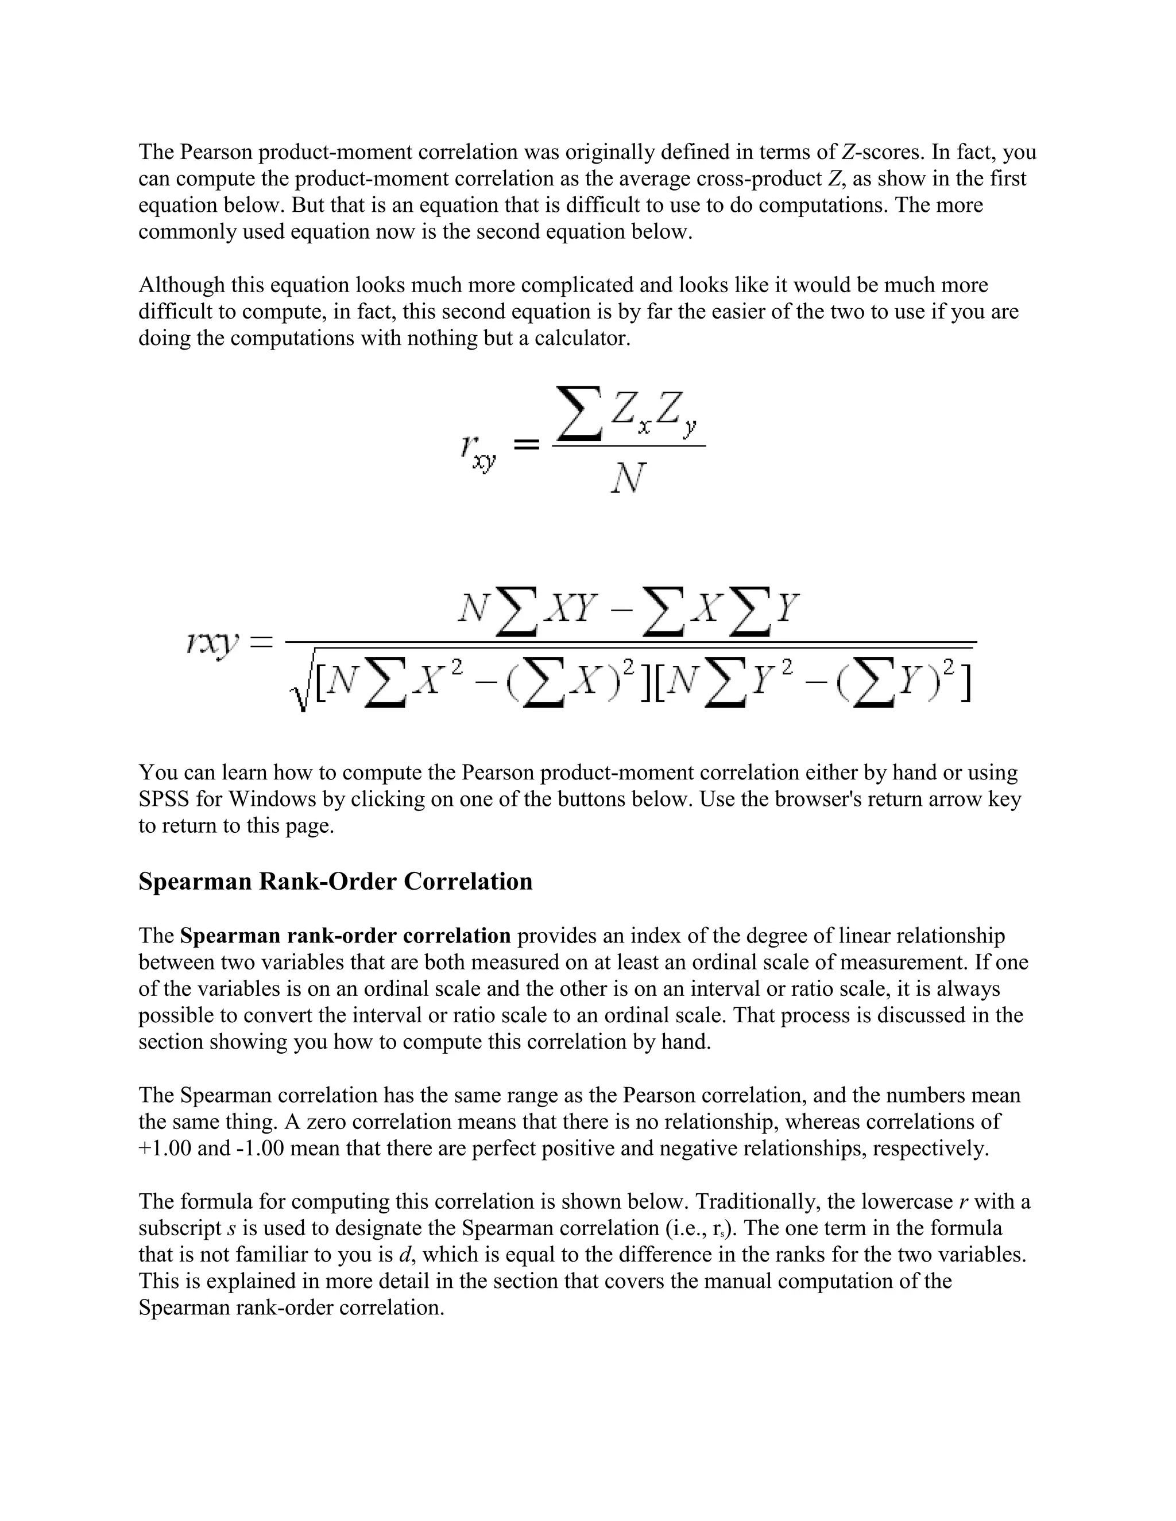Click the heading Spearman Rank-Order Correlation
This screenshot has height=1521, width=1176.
[x=335, y=882]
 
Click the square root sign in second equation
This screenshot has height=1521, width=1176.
[x=301, y=686]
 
